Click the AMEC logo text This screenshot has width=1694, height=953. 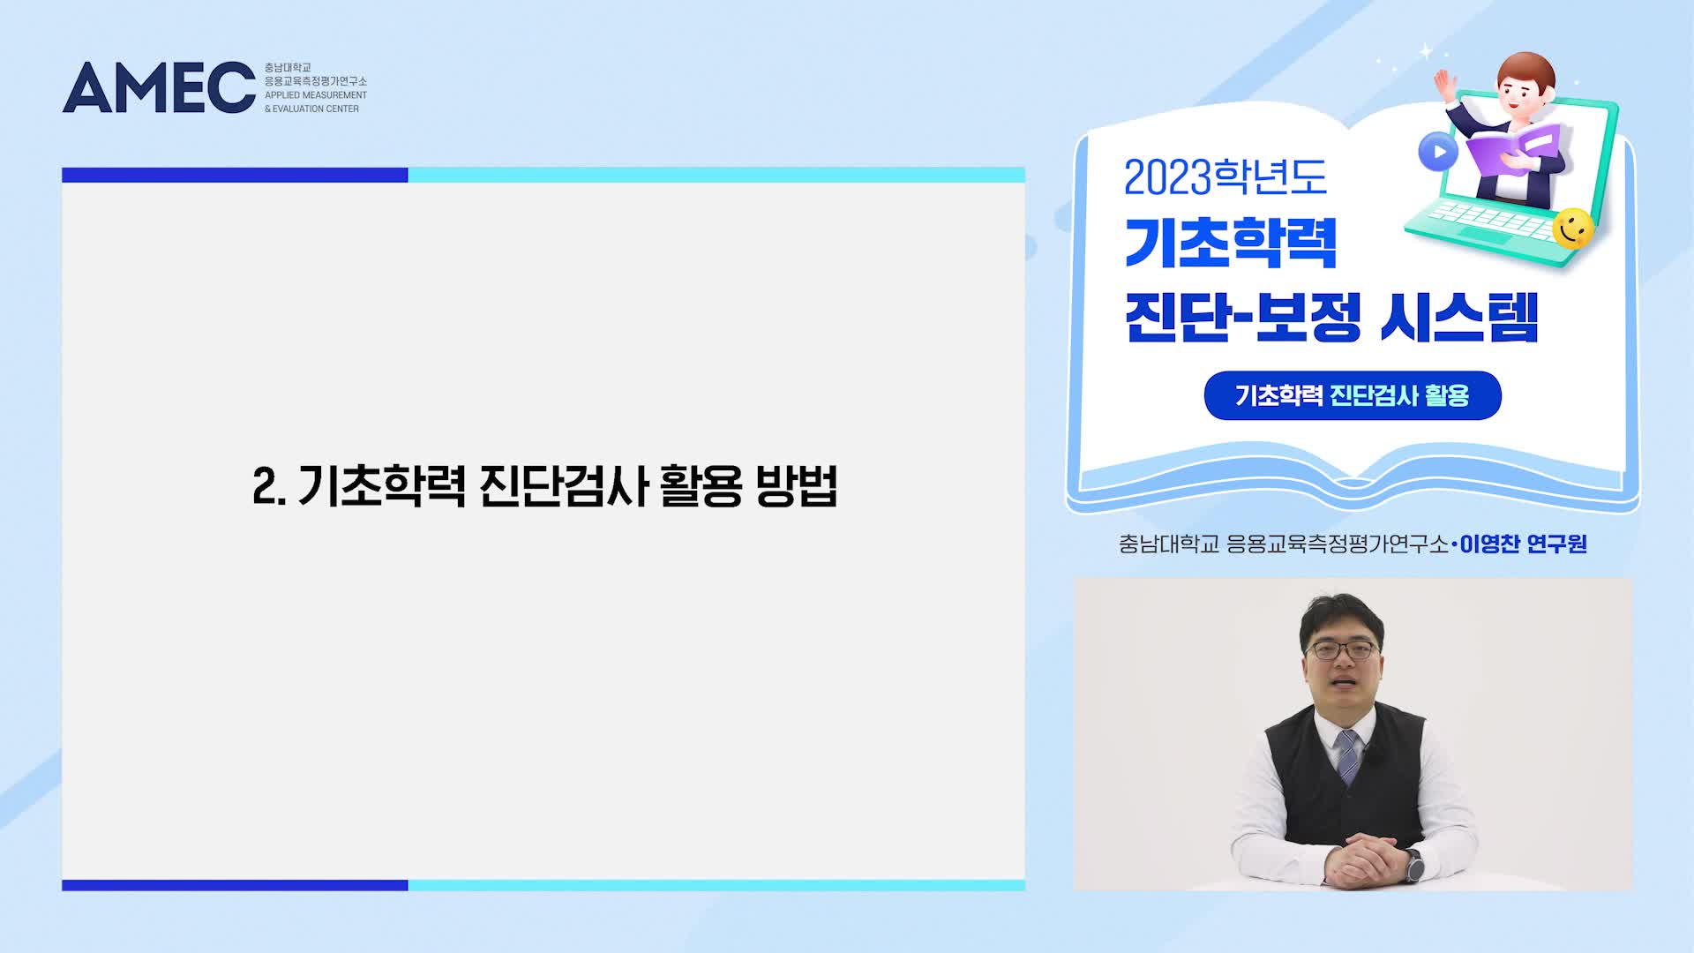pos(159,87)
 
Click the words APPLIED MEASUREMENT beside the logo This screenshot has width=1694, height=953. pos(316,95)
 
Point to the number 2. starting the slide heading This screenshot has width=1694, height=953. pos(269,485)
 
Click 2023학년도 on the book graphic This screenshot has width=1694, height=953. pos(1226,177)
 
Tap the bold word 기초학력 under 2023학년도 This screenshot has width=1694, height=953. pos(1231,243)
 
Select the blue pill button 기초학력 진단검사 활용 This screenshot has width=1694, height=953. pos(1353,395)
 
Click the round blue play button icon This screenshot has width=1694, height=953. pos(1438,152)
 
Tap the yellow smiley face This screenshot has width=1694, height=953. pos(1572,229)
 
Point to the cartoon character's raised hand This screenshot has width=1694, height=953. pos(1444,85)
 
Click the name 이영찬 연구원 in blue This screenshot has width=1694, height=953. pos(1523,544)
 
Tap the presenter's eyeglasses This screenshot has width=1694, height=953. pos(1341,651)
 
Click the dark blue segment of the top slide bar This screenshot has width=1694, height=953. pos(235,175)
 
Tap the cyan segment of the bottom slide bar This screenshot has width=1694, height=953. pos(716,885)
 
